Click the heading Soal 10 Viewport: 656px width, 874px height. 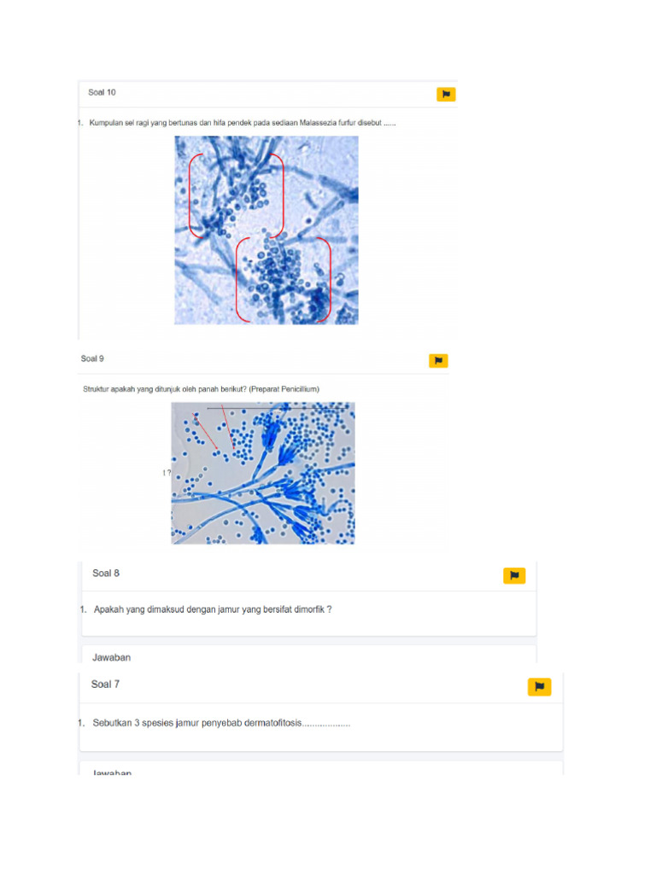[x=102, y=92]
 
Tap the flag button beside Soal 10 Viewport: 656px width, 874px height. [x=446, y=94]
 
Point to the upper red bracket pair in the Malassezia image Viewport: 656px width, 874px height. [x=236, y=195]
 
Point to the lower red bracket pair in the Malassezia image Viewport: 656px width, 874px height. [x=283, y=280]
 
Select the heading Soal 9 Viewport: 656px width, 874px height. [x=92, y=359]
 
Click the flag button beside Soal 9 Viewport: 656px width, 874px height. [x=438, y=361]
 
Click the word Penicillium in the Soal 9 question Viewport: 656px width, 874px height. [x=297, y=389]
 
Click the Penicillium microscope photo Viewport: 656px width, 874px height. [x=263, y=473]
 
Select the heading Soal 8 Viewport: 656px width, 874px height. [x=106, y=574]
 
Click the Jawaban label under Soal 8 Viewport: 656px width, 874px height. [x=111, y=657]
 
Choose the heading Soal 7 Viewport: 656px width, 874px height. [x=105, y=685]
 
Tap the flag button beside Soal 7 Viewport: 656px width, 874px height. [x=539, y=686]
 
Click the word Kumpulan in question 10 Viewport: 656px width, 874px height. [x=107, y=123]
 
